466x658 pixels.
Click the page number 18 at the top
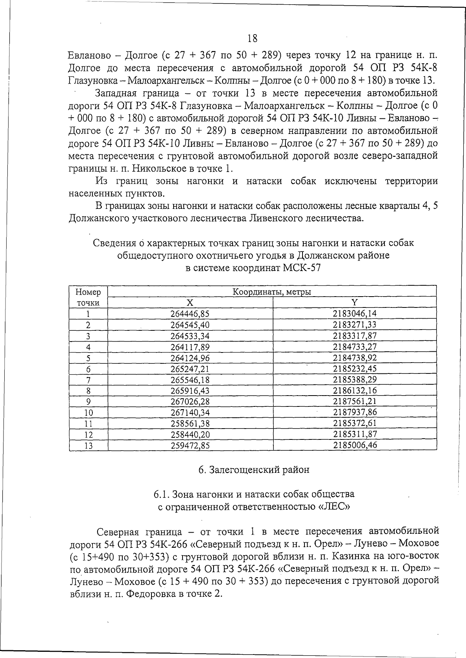tap(252, 38)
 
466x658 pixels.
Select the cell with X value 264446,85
tap(190, 314)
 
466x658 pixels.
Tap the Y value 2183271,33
tap(355, 325)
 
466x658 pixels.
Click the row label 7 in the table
tap(88, 380)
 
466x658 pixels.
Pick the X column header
tap(190, 303)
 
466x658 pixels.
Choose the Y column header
tap(355, 302)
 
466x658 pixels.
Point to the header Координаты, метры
tap(272, 292)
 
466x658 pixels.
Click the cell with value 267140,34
tap(190, 413)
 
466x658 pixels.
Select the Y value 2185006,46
tap(355, 445)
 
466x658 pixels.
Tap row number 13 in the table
tap(89, 446)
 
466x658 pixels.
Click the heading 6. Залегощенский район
tap(254, 470)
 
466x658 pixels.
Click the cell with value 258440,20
tap(190, 434)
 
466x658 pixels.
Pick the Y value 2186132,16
tap(355, 391)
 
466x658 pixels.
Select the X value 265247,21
tap(190, 369)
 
